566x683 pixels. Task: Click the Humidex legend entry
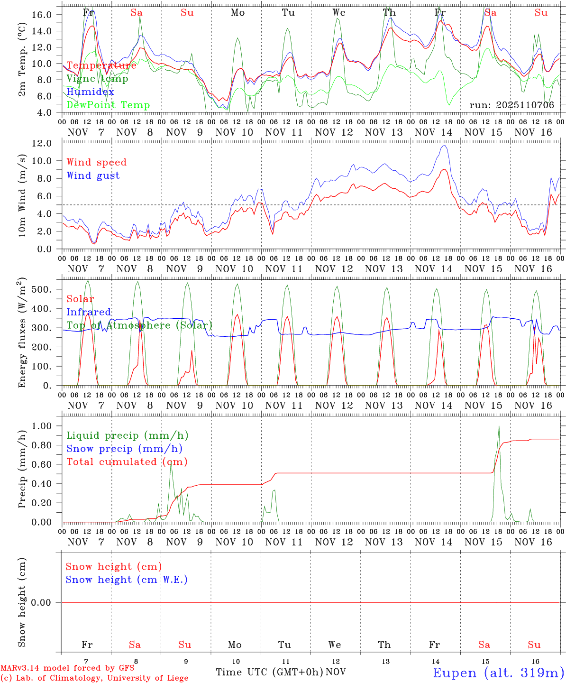(91, 92)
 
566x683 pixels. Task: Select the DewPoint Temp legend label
(108, 105)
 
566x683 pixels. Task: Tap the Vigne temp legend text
(97, 79)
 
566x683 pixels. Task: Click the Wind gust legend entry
(93, 175)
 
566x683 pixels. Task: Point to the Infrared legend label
(89, 312)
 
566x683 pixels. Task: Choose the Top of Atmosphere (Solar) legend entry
(139, 325)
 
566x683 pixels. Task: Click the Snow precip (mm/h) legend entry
(124, 449)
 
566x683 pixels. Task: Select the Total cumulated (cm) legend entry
(127, 462)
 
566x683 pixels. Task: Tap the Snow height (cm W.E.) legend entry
(127, 580)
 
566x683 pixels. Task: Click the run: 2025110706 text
(511, 105)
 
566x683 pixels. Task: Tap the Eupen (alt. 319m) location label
(498, 673)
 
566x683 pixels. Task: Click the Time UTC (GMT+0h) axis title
(269, 672)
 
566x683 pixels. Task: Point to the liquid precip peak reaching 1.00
(499, 426)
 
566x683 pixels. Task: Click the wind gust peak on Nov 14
(444, 146)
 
